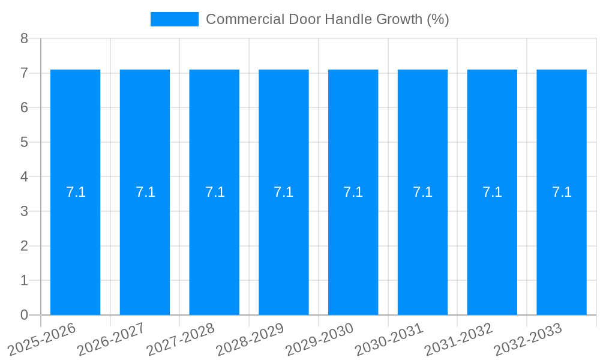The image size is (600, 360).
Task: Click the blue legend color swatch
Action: click(x=174, y=19)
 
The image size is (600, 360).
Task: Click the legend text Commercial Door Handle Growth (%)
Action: click(x=327, y=19)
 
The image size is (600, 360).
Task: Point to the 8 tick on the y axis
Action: click(x=24, y=39)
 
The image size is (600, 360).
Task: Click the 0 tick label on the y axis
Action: click(x=24, y=315)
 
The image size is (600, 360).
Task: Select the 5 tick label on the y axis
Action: click(x=24, y=142)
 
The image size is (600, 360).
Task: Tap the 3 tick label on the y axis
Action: click(x=24, y=211)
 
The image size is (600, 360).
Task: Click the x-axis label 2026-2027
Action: click(x=112, y=339)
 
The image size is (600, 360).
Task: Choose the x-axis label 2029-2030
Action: click(x=320, y=339)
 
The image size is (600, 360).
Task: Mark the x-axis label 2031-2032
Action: click(x=459, y=339)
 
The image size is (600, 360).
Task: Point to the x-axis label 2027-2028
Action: click(x=181, y=339)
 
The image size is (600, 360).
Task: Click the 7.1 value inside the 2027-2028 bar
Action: click(x=215, y=192)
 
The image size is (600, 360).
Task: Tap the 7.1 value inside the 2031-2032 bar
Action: click(x=492, y=192)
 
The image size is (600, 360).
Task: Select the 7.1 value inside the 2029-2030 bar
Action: click(x=353, y=192)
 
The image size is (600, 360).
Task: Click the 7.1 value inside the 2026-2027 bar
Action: click(x=145, y=192)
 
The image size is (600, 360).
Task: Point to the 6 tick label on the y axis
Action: click(x=24, y=108)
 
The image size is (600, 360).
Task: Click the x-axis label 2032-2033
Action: click(x=529, y=339)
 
